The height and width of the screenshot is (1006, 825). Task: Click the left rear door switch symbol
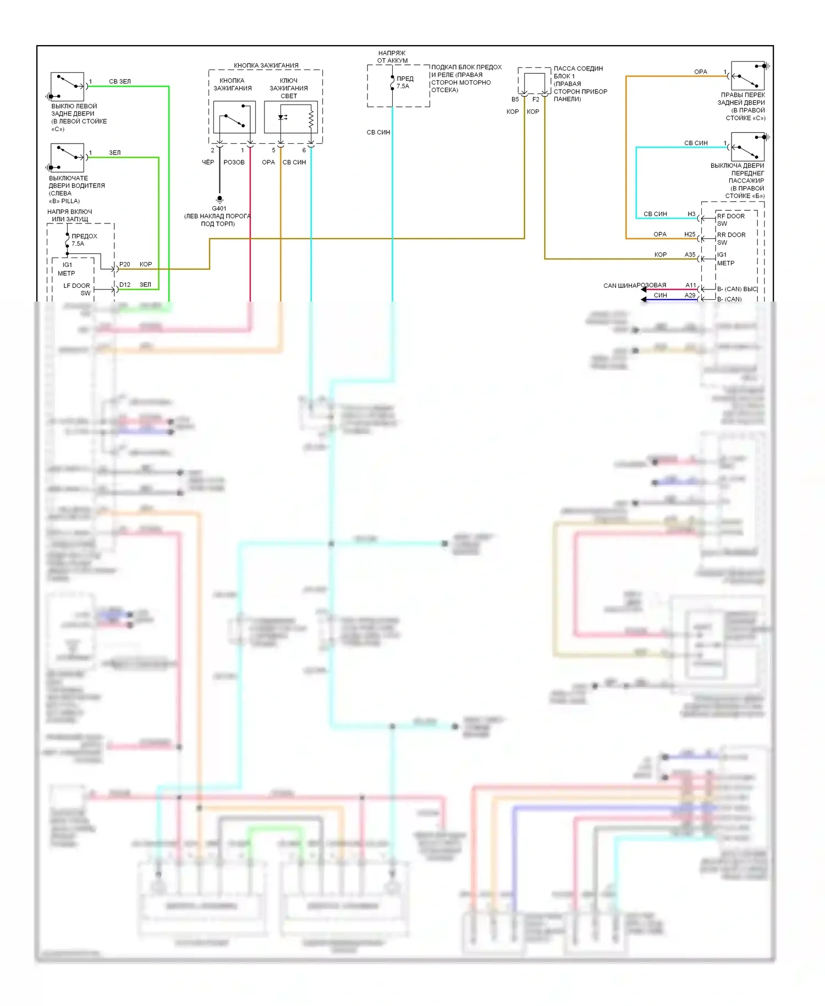pos(67,86)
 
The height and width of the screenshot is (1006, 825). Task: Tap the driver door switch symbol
pos(67,157)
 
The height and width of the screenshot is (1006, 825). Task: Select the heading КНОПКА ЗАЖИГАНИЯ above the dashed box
pos(266,65)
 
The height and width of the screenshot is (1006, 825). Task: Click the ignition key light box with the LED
pos(291,117)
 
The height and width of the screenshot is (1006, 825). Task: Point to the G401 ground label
pos(219,209)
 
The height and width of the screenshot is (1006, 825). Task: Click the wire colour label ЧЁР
pos(208,162)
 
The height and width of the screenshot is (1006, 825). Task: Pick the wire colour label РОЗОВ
pos(234,162)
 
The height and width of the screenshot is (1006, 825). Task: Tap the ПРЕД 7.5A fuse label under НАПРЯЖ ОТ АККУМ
pos(404,83)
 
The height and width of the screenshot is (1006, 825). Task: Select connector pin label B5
pos(515,100)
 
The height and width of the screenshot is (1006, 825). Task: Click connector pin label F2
pos(536,100)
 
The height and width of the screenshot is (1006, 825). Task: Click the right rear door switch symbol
pos(747,76)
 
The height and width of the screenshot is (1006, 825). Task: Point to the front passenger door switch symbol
pos(747,146)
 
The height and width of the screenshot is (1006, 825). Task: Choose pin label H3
pos(691,214)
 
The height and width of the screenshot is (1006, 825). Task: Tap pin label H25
pos(690,234)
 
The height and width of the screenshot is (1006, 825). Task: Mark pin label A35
pos(690,255)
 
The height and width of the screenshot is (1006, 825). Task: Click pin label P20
pos(125,265)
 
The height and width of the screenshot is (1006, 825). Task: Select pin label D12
pos(125,285)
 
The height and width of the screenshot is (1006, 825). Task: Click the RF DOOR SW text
pos(730,220)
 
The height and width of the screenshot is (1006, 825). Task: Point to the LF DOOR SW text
pos(77,289)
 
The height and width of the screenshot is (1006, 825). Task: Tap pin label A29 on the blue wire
pos(690,296)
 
